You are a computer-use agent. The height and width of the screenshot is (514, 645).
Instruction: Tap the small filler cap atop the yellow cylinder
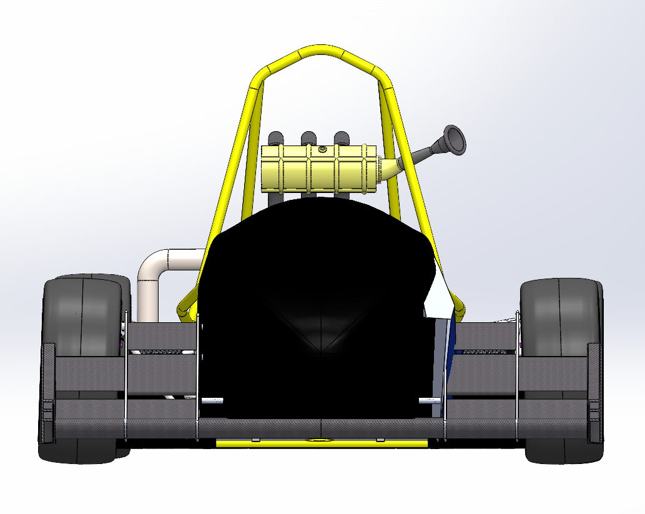[322, 149]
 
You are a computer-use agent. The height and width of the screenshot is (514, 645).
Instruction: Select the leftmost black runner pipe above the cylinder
[275, 138]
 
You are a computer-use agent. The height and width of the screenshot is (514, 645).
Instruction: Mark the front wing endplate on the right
[594, 393]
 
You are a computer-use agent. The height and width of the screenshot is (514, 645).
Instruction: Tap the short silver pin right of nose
[430, 400]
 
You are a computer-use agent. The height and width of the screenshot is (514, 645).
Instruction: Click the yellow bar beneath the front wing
[322, 443]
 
